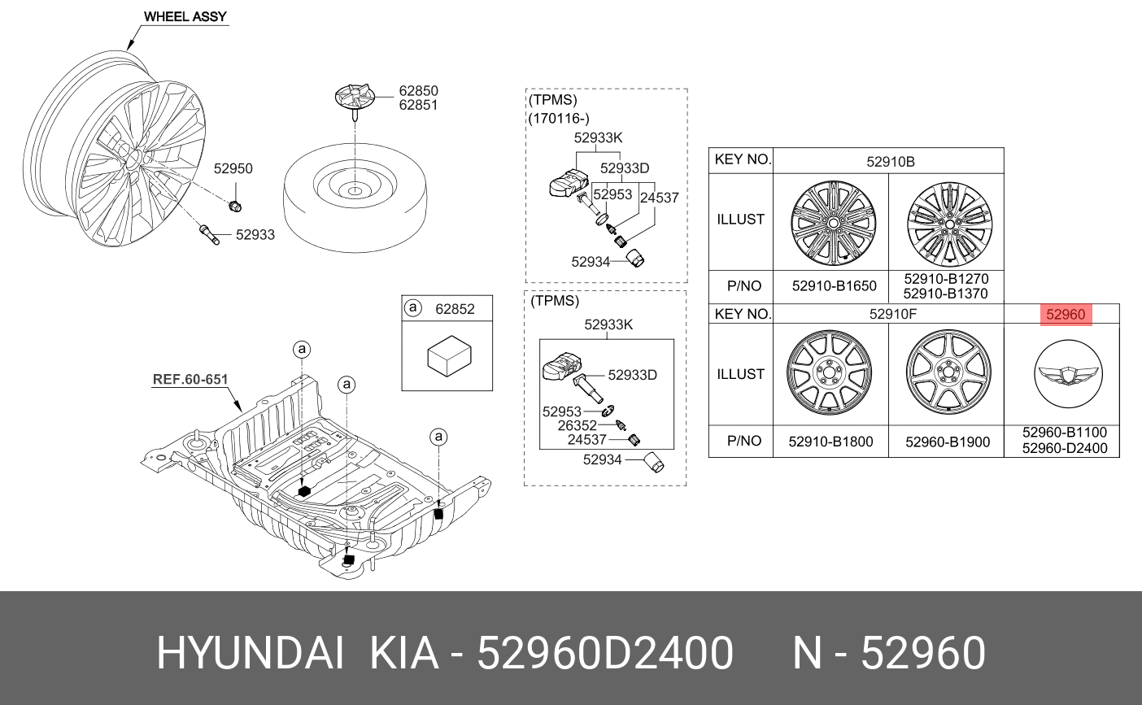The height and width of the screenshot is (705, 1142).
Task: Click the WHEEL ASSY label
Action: tap(185, 16)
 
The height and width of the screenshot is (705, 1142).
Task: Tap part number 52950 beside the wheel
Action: tap(233, 169)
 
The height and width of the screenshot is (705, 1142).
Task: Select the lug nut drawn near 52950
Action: tap(234, 204)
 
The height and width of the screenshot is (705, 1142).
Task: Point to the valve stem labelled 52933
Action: tap(209, 234)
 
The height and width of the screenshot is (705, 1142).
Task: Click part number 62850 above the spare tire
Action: tap(418, 91)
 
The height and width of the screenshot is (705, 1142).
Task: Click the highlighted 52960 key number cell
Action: tap(1066, 315)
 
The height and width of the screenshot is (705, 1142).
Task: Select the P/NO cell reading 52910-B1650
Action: tap(834, 286)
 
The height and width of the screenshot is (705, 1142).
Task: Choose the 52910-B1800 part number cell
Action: tap(830, 442)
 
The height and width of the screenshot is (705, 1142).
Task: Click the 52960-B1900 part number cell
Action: tap(948, 442)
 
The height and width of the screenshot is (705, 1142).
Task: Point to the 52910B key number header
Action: tap(890, 162)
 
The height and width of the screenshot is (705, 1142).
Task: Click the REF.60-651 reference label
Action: tap(190, 379)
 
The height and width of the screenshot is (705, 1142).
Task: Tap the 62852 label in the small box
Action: tap(455, 309)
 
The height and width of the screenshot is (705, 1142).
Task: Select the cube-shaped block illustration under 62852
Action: tap(449, 355)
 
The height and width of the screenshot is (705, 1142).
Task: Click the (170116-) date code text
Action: tap(559, 119)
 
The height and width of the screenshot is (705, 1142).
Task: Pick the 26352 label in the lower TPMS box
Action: tap(577, 425)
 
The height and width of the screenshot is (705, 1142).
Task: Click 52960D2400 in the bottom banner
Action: tap(605, 653)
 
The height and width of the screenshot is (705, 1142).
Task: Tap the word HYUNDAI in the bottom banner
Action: tap(249, 653)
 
